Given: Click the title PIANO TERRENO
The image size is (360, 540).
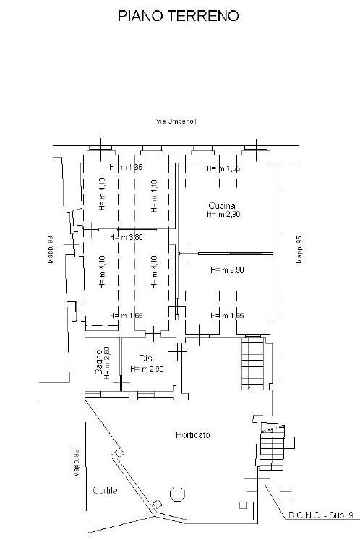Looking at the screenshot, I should [179, 15].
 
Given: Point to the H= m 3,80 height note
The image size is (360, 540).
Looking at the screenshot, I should [126, 237].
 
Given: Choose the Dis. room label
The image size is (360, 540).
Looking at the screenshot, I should [146, 359].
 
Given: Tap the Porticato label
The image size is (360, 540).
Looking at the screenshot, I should [192, 434].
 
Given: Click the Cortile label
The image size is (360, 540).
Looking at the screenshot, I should [104, 490].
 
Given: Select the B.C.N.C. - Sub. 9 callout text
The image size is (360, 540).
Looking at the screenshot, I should [320, 516].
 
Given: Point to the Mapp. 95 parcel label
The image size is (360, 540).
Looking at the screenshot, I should [299, 250].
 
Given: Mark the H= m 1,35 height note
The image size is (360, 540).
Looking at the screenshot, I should [126, 168].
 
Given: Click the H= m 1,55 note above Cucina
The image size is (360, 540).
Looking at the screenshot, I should [223, 168].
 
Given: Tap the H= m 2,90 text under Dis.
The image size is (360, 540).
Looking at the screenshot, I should [147, 369].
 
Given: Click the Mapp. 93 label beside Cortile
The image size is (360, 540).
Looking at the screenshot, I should [75, 463].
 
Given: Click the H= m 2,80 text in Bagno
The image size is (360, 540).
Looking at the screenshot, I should [106, 363].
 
